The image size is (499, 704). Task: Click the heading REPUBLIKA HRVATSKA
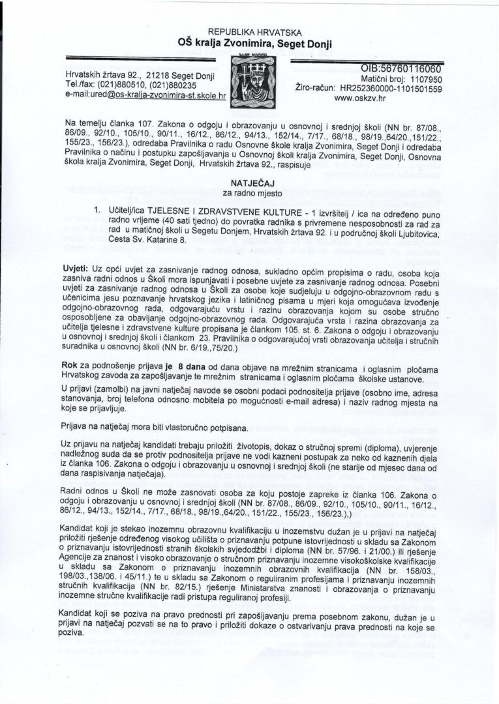point(249,31)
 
